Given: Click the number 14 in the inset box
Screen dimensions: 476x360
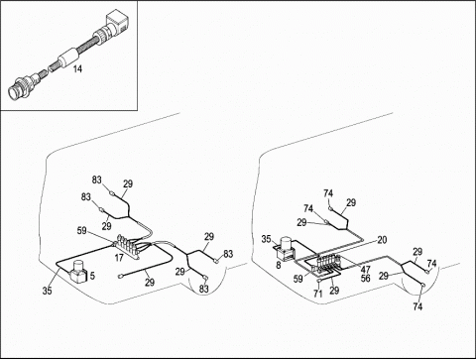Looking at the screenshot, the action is click(77, 68).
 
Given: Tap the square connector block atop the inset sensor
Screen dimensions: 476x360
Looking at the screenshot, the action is click(117, 25).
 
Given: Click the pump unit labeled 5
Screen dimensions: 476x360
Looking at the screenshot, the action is click(78, 272).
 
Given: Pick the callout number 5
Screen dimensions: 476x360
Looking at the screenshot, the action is click(92, 276).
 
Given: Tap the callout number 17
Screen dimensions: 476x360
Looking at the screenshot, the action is click(119, 258).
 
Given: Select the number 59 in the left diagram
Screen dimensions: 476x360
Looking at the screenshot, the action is click(82, 230).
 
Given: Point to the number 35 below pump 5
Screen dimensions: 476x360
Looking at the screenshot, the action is click(48, 291).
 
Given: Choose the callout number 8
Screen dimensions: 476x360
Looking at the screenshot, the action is click(279, 265).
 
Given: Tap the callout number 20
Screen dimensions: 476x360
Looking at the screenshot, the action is click(382, 240).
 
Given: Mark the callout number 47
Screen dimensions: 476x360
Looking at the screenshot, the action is click(365, 269).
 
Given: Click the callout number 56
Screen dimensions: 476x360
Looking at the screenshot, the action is click(365, 278).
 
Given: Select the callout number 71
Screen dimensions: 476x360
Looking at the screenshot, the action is click(318, 294).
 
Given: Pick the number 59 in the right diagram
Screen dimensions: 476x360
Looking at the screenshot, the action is click(298, 279).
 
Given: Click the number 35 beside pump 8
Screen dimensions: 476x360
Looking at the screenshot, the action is click(266, 239).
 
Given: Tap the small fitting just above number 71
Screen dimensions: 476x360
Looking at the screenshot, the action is click(319, 281).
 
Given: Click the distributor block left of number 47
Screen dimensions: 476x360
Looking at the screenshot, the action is click(328, 262).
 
